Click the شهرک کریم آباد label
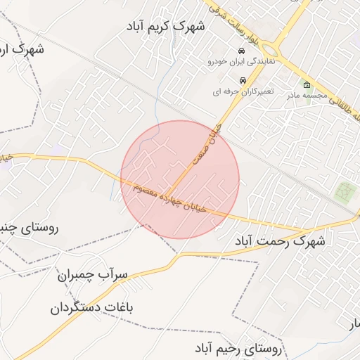click(x=166, y=27)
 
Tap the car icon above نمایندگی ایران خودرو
click(x=241, y=52)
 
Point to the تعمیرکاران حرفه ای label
click(x=242, y=91)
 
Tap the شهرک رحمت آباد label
click(x=281, y=241)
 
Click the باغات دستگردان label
click(x=96, y=308)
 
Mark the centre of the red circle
click(x=180, y=179)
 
